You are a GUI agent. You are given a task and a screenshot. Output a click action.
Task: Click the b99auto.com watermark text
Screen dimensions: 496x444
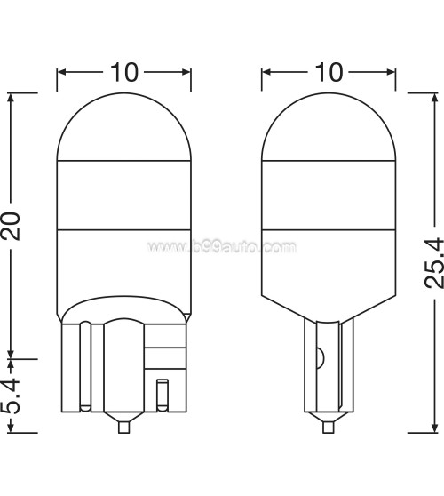222,246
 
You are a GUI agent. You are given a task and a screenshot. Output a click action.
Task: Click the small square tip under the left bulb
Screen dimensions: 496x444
124,427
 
